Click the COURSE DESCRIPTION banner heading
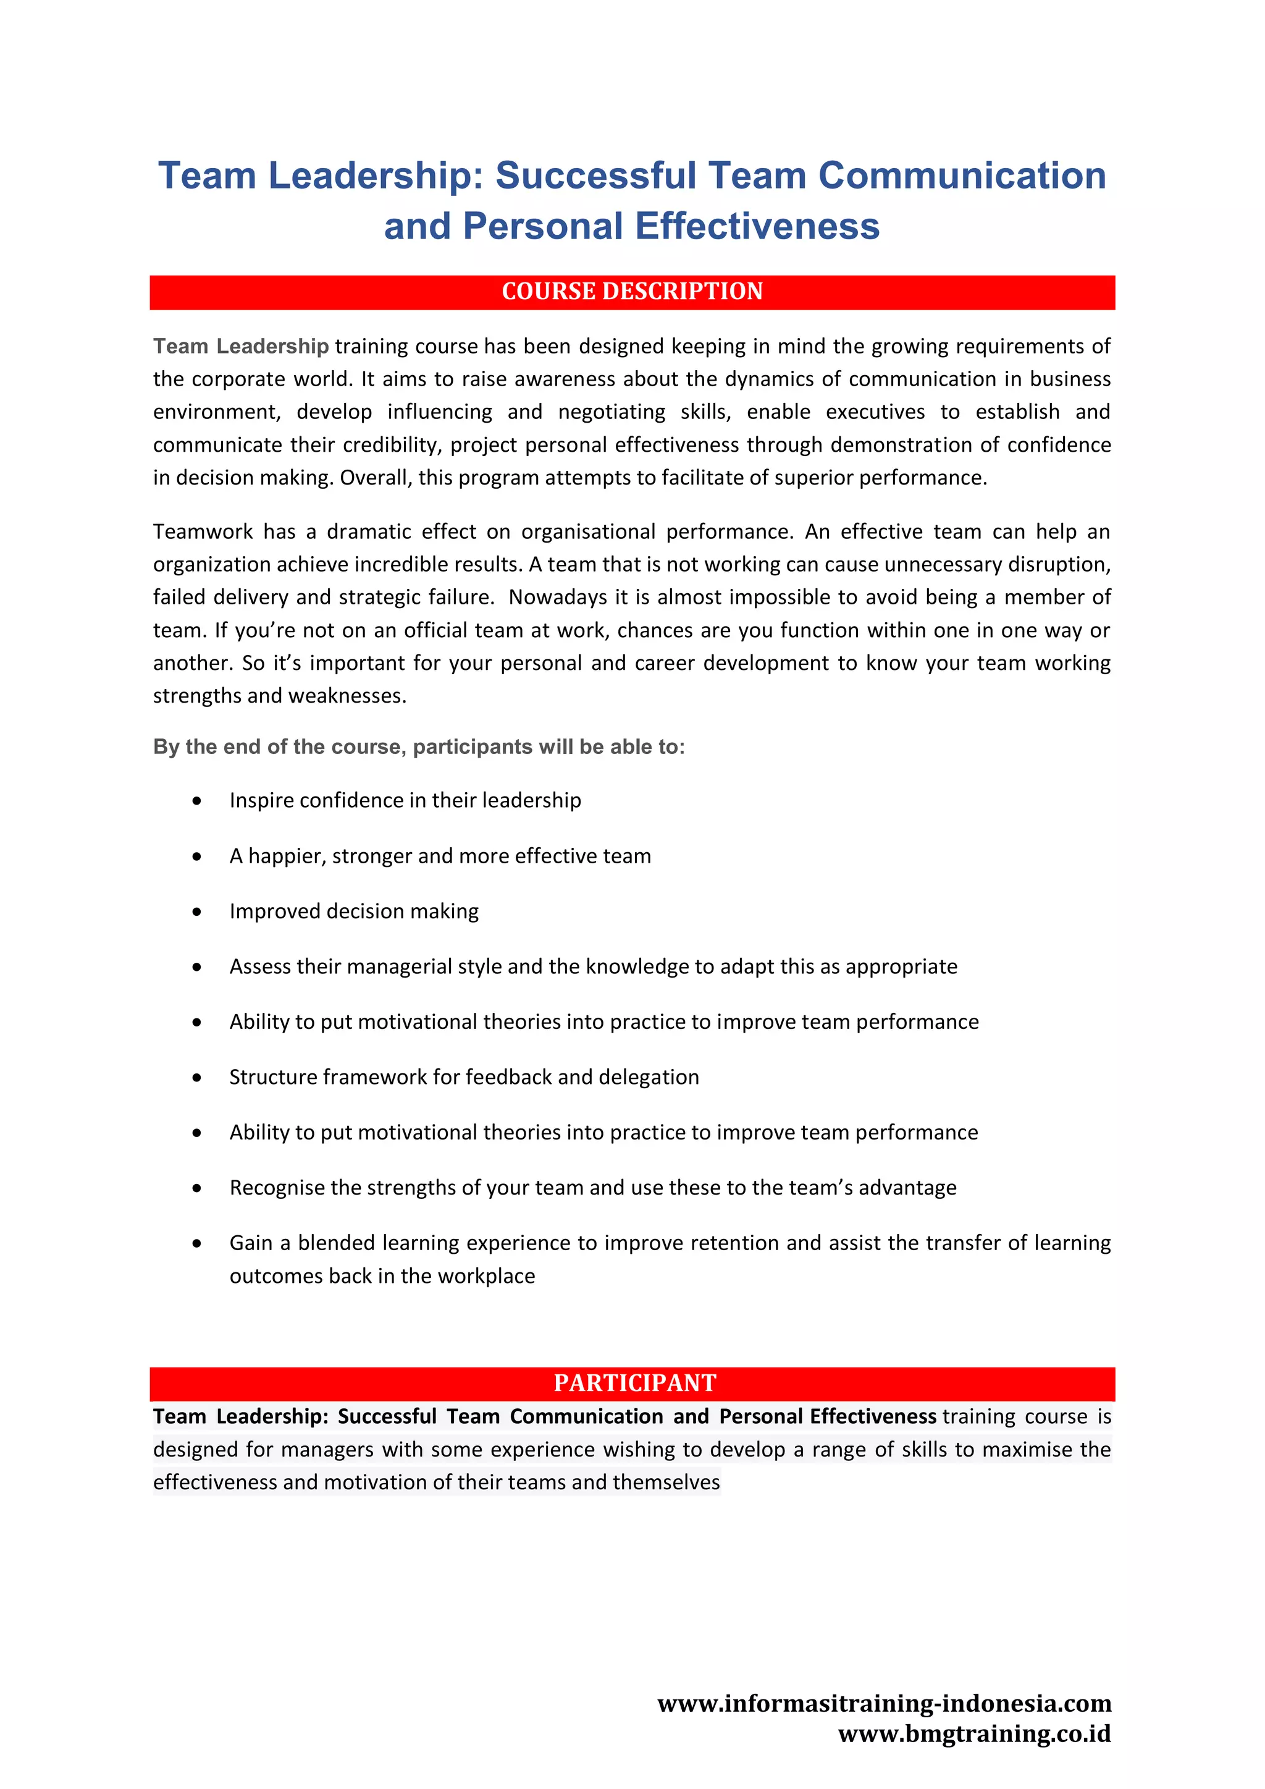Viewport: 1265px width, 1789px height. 632,292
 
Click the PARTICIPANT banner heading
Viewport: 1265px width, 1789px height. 634,1383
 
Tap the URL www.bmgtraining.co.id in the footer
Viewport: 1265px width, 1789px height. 975,1733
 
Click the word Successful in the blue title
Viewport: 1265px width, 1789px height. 595,176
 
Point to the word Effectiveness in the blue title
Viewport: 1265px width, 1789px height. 757,227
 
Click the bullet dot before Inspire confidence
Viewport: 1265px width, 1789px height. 197,801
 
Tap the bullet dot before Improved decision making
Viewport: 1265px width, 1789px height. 197,911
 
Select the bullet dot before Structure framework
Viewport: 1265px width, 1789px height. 197,1078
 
